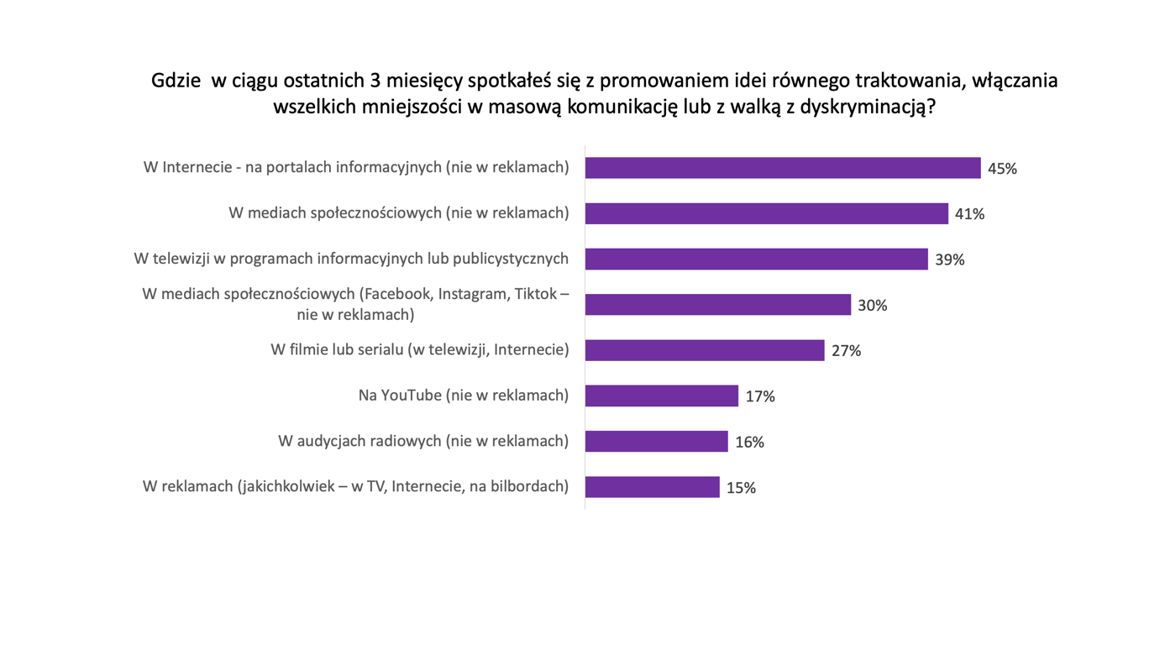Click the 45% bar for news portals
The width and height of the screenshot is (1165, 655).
tap(782, 168)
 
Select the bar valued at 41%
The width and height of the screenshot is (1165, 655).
tap(766, 213)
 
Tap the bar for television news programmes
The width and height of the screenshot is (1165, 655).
tap(756, 259)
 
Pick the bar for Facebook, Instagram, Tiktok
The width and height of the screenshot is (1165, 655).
tap(717, 305)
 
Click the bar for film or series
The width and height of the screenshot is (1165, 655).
tap(704, 350)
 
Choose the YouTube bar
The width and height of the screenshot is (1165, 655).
tap(661, 396)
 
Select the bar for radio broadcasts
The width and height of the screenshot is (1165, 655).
tap(656, 441)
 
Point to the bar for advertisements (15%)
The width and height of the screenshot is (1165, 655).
tap(652, 487)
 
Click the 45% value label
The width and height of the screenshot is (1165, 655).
tap(1002, 169)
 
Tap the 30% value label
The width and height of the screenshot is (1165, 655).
tap(873, 306)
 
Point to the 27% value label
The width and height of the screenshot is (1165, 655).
tap(846, 351)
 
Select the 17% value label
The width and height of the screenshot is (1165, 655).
tap(760, 396)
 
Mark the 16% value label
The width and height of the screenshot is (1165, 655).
tap(749, 442)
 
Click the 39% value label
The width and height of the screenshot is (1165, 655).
tap(949, 260)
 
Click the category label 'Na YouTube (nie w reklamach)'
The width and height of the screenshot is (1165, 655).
tap(464, 396)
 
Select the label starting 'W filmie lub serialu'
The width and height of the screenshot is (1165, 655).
tap(419, 349)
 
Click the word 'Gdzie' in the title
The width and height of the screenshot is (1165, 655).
tap(176, 81)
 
